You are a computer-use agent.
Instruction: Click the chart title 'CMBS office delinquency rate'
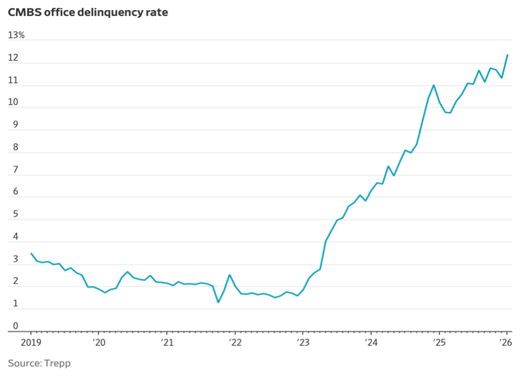click(88, 12)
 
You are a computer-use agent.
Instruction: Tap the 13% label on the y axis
click(16, 35)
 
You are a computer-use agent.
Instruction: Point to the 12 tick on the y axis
click(13, 58)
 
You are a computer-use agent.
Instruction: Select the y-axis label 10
click(13, 103)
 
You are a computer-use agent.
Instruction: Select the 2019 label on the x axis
click(31, 342)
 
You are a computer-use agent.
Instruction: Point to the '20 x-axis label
click(99, 342)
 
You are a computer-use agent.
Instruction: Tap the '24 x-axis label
click(371, 342)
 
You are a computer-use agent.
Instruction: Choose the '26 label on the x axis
click(506, 342)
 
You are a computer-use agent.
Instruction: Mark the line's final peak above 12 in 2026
click(507, 55)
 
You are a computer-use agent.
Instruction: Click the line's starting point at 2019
click(31, 254)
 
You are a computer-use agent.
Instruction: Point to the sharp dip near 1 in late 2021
click(219, 302)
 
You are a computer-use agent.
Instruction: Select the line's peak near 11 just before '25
click(434, 85)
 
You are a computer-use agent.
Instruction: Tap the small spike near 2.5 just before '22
click(230, 275)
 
